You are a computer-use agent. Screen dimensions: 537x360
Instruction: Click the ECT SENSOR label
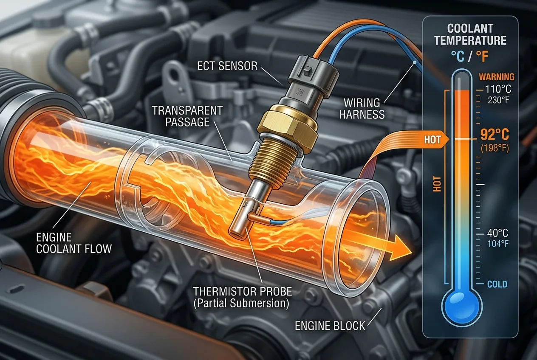pyautogui.click(x=227, y=66)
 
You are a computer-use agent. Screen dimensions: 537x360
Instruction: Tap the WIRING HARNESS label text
pyautogui.click(x=362, y=109)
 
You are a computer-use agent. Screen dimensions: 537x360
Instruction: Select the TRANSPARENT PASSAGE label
pyautogui.click(x=187, y=116)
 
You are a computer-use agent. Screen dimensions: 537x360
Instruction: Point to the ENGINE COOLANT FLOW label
pyautogui.click(x=74, y=243)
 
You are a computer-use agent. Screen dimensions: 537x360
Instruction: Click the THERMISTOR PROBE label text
pyautogui.click(x=243, y=292)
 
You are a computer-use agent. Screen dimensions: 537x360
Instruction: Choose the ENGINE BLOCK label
pyautogui.click(x=330, y=326)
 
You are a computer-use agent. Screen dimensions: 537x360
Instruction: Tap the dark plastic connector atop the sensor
pyautogui.click(x=312, y=72)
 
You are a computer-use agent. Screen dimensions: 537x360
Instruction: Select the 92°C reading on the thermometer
pyautogui.click(x=495, y=135)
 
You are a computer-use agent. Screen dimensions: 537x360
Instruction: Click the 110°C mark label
pyautogui.click(x=498, y=90)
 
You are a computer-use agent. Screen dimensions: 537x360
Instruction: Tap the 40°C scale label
pyautogui.click(x=497, y=233)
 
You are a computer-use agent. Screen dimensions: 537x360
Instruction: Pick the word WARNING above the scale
pyautogui.click(x=497, y=77)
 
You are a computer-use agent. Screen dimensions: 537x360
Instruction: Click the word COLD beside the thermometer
pyautogui.click(x=497, y=284)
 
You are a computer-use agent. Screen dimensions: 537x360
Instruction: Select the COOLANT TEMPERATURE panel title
pyautogui.click(x=470, y=34)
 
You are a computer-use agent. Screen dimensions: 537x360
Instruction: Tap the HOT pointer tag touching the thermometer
pyautogui.click(x=434, y=139)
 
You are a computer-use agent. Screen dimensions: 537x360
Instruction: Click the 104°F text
pyautogui.click(x=497, y=244)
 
